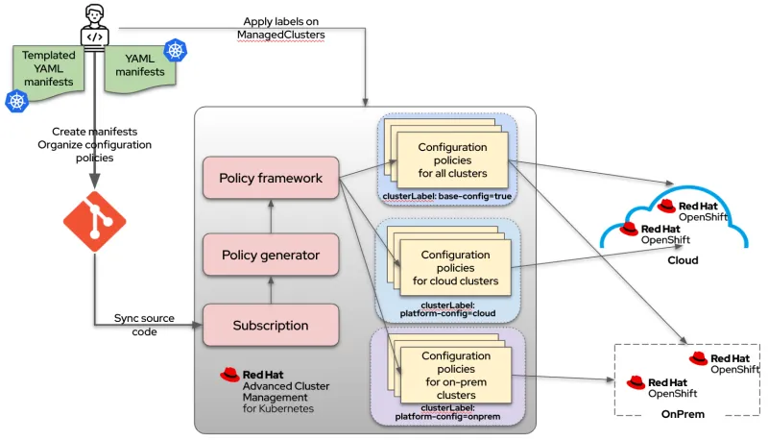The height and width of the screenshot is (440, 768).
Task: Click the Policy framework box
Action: click(270, 179)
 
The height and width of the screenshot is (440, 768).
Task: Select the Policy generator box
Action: click(270, 255)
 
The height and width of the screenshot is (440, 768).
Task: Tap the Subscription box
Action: click(270, 325)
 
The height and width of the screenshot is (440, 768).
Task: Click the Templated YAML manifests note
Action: click(48, 69)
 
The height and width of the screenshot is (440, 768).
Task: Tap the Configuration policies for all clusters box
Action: click(452, 160)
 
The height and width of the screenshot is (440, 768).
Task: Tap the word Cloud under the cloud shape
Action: click(683, 260)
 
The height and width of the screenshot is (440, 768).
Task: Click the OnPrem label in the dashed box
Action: click(684, 415)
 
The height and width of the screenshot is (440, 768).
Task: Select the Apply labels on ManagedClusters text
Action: click(282, 28)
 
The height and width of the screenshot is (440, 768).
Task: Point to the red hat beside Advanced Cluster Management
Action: click(229, 375)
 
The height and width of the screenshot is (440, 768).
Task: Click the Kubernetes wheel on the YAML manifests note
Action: click(175, 50)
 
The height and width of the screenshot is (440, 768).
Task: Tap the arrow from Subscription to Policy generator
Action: click(270, 289)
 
